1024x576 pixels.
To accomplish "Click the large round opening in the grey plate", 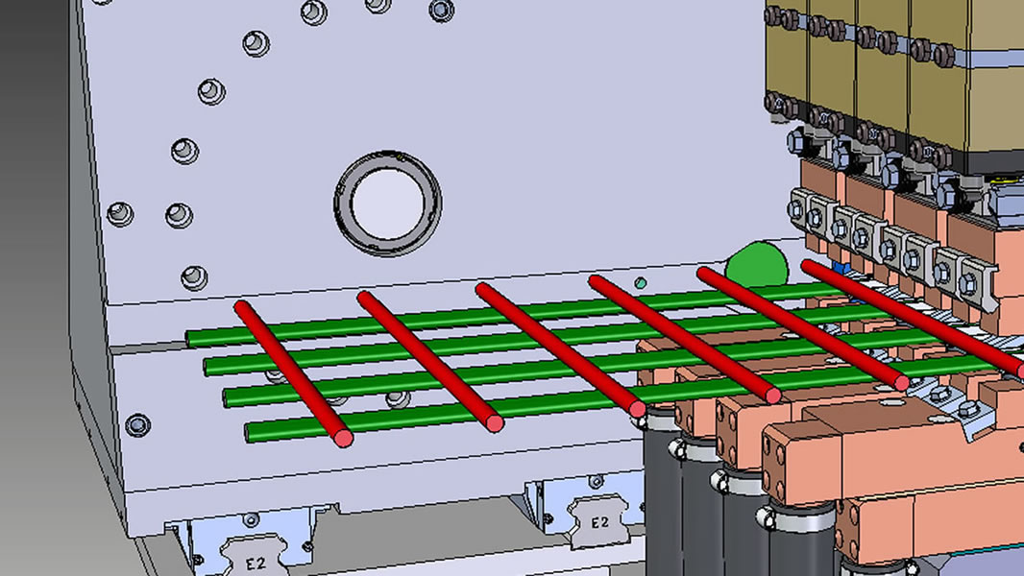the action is click(x=388, y=204).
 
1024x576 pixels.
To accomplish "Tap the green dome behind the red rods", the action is click(x=758, y=264).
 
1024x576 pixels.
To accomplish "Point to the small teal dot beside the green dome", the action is click(x=641, y=283).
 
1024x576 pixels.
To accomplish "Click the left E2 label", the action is click(x=256, y=563).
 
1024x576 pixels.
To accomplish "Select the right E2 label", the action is click(x=599, y=522).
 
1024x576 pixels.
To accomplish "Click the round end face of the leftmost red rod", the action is click(x=344, y=438).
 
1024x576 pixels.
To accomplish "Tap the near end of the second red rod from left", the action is click(x=495, y=423).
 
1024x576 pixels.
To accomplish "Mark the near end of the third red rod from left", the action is click(x=638, y=409).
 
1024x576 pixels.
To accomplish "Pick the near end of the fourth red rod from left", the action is click(x=773, y=395).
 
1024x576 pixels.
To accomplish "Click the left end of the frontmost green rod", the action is click(x=249, y=432).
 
